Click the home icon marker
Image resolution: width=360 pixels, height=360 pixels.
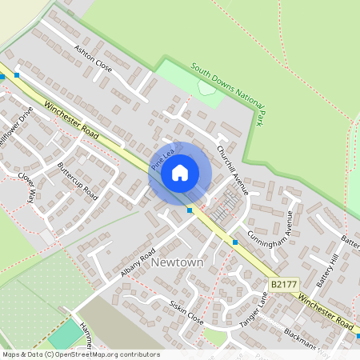(x=180, y=172)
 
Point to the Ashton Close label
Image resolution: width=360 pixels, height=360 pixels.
(x=93, y=58)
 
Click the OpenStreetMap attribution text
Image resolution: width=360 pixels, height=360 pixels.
(x=81, y=354)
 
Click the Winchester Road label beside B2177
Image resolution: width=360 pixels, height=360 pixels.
(x=326, y=312)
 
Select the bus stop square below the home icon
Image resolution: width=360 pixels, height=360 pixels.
(x=190, y=210)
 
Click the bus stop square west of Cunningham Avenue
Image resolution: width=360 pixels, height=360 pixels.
(x=235, y=241)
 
